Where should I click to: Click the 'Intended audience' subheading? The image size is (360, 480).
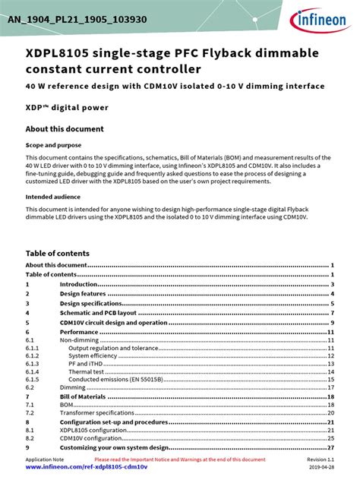coord(50,197)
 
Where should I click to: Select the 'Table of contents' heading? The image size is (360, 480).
coord(58,253)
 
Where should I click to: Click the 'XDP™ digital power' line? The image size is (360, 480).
coord(67,108)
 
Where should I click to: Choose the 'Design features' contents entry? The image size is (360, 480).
coord(82,293)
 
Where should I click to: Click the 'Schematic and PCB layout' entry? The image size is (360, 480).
coord(98,312)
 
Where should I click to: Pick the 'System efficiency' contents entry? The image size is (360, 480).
coord(93,355)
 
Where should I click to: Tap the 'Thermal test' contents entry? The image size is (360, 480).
coord(86,372)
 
